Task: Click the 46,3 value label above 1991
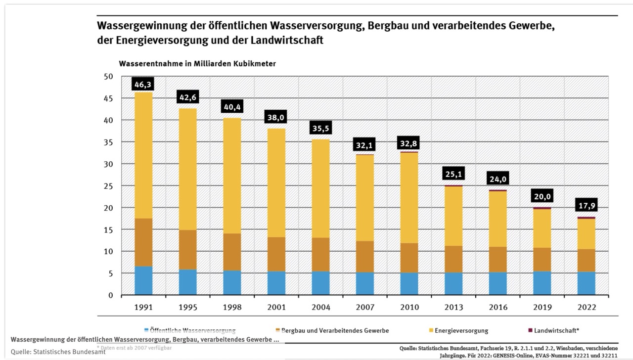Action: pyautogui.click(x=142, y=85)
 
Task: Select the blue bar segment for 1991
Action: pyautogui.click(x=143, y=281)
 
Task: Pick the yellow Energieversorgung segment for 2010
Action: pyautogui.click(x=409, y=198)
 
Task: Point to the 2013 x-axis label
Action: pyautogui.click(x=453, y=307)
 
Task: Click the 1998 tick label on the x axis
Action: pyautogui.click(x=232, y=307)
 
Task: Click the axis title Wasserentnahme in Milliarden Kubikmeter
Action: pyautogui.click(x=197, y=64)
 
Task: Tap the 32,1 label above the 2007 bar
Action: pyautogui.click(x=364, y=145)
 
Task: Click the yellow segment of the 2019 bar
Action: pyautogui.click(x=542, y=228)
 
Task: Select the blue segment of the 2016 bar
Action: pyautogui.click(x=497, y=283)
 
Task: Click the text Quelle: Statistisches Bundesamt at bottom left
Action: pyautogui.click(x=58, y=352)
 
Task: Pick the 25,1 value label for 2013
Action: pyautogui.click(x=453, y=174)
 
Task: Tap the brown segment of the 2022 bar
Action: pyautogui.click(x=586, y=260)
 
